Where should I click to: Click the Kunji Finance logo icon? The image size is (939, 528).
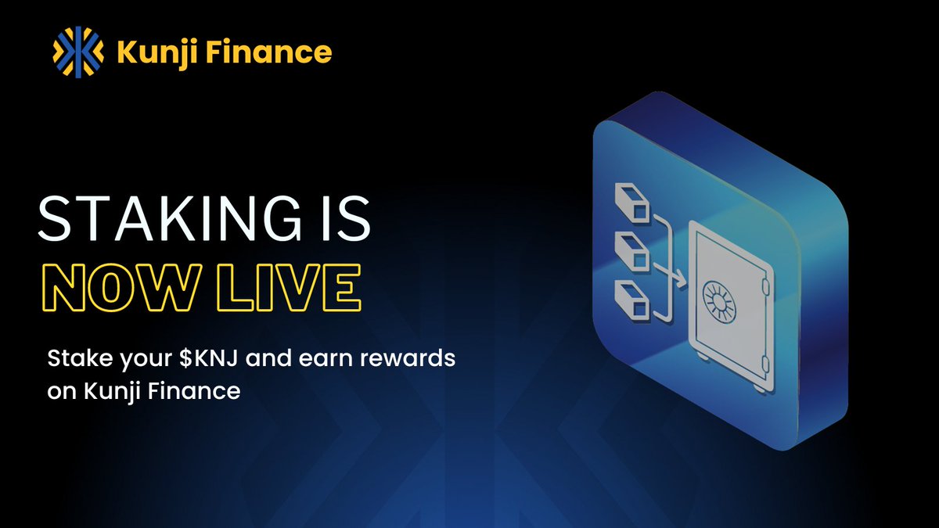(x=77, y=52)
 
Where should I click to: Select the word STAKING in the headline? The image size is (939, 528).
(x=163, y=220)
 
